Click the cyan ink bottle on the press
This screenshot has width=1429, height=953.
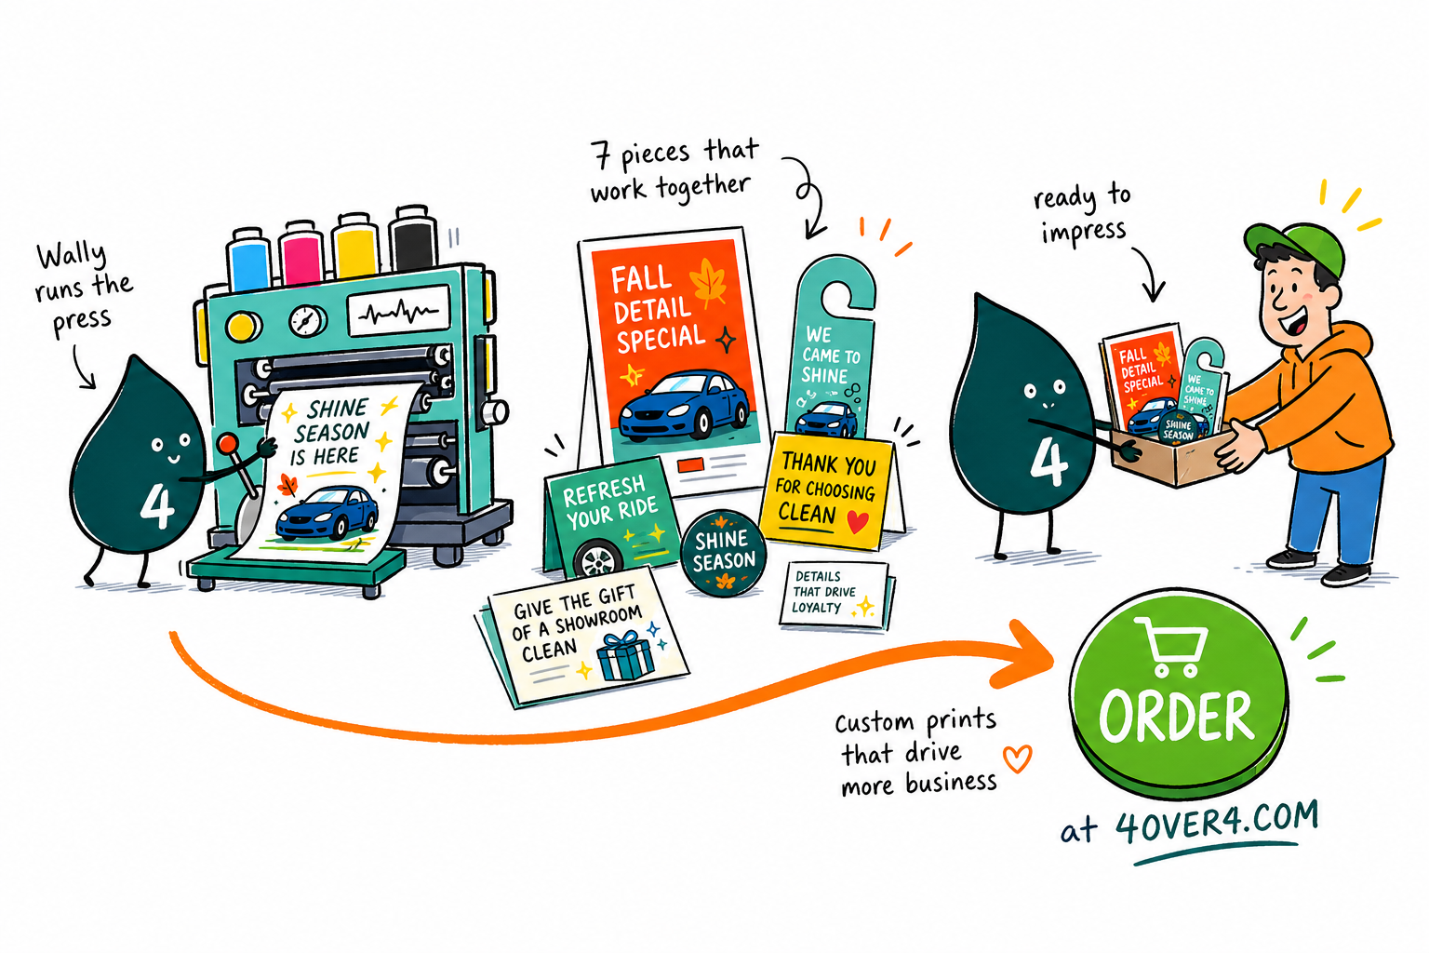click(249, 259)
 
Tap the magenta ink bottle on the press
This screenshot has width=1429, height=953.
click(301, 253)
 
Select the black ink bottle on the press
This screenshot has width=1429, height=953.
click(413, 239)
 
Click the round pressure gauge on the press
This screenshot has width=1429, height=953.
click(308, 320)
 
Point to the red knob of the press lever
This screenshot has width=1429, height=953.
click(228, 443)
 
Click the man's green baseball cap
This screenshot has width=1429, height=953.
click(1295, 246)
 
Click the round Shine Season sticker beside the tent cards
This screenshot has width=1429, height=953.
click(724, 553)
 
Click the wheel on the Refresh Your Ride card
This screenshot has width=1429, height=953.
click(598, 559)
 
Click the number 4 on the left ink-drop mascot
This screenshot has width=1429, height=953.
click(157, 505)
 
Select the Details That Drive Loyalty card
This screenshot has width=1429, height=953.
click(834, 595)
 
